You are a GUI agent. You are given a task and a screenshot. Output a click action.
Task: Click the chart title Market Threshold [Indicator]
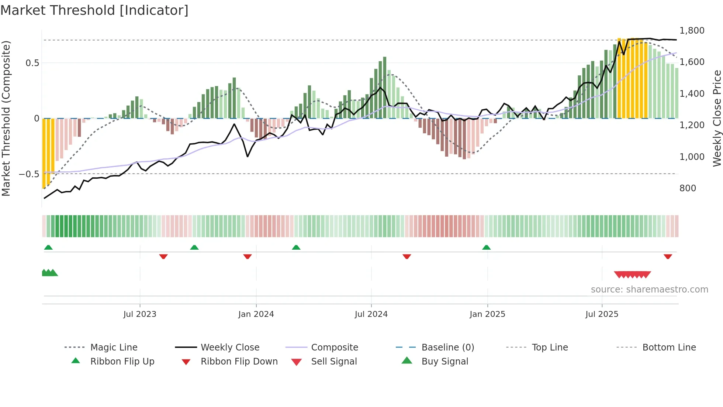coord(94,10)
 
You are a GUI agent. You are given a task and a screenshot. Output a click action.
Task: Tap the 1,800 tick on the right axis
coord(692,31)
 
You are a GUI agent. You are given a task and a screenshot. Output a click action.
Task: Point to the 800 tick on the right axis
coord(688,188)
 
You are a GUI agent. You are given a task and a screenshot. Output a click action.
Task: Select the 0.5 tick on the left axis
coord(32,63)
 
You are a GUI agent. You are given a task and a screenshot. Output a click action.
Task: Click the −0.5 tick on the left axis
coord(29,174)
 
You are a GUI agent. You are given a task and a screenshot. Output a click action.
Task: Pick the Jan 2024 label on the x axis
coord(256,314)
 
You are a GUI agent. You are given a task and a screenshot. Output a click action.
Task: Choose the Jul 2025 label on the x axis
coord(602,314)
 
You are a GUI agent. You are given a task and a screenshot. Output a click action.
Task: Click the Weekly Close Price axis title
coord(717,118)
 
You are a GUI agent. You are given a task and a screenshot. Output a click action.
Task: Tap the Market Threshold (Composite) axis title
coord(6,118)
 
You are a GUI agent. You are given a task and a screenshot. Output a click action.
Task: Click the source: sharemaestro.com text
coord(649,290)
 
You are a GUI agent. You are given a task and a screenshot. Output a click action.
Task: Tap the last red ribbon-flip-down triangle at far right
coord(668,256)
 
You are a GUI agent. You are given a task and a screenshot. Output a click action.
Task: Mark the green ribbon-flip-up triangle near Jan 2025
coord(486,247)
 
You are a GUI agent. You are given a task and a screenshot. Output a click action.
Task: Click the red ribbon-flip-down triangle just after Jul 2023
coord(163,256)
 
